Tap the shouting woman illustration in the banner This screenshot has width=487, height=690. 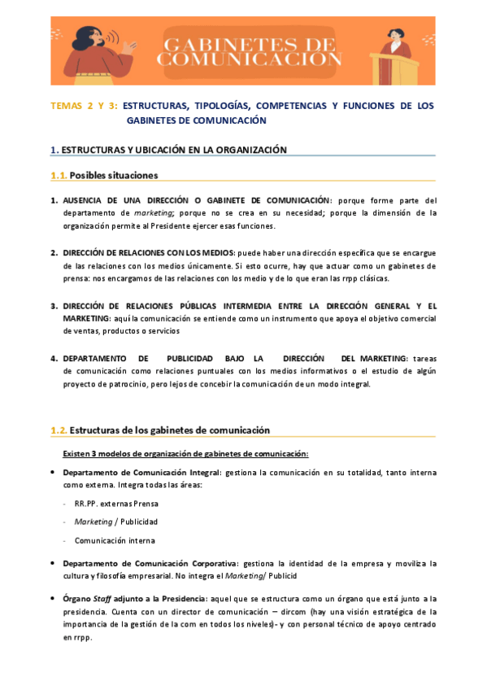coord(105,50)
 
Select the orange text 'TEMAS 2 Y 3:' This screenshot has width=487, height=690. coord(85,106)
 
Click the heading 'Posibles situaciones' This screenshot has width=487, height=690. coord(114,175)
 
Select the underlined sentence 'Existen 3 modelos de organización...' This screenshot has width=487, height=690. coord(185,453)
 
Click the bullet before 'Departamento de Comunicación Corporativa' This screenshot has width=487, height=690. coord(53,563)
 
